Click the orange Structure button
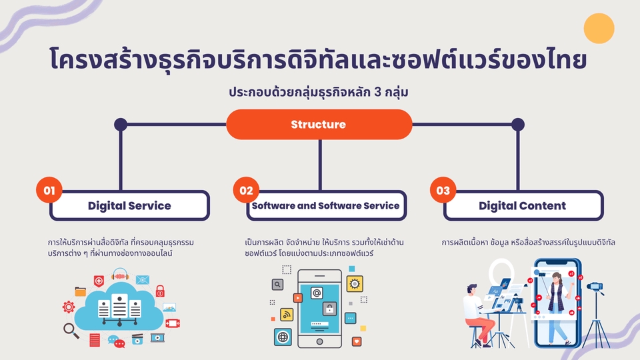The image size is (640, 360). pyautogui.click(x=319, y=124)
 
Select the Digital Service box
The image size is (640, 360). pyautogui.click(x=129, y=205)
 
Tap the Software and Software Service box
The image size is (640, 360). pyautogui.click(x=325, y=205)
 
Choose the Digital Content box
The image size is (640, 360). pyautogui.click(x=522, y=205)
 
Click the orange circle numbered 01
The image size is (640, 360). pyautogui.click(x=49, y=191)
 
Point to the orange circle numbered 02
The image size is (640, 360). pyautogui.click(x=246, y=191)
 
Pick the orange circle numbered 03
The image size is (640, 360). pyautogui.click(x=443, y=191)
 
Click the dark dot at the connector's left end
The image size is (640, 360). pyautogui.click(x=121, y=124)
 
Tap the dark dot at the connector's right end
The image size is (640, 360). pyautogui.click(x=517, y=124)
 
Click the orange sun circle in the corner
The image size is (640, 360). pyautogui.click(x=598, y=28)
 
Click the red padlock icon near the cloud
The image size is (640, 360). pyautogui.click(x=160, y=291)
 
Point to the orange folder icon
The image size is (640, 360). pyautogui.click(x=81, y=291)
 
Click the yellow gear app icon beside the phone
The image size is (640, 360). pyautogui.click(x=355, y=284)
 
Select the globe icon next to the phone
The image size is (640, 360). pyautogui.click(x=282, y=337)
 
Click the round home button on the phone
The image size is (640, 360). pyautogui.click(x=319, y=339)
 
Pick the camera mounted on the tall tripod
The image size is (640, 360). pyautogui.click(x=595, y=288)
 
